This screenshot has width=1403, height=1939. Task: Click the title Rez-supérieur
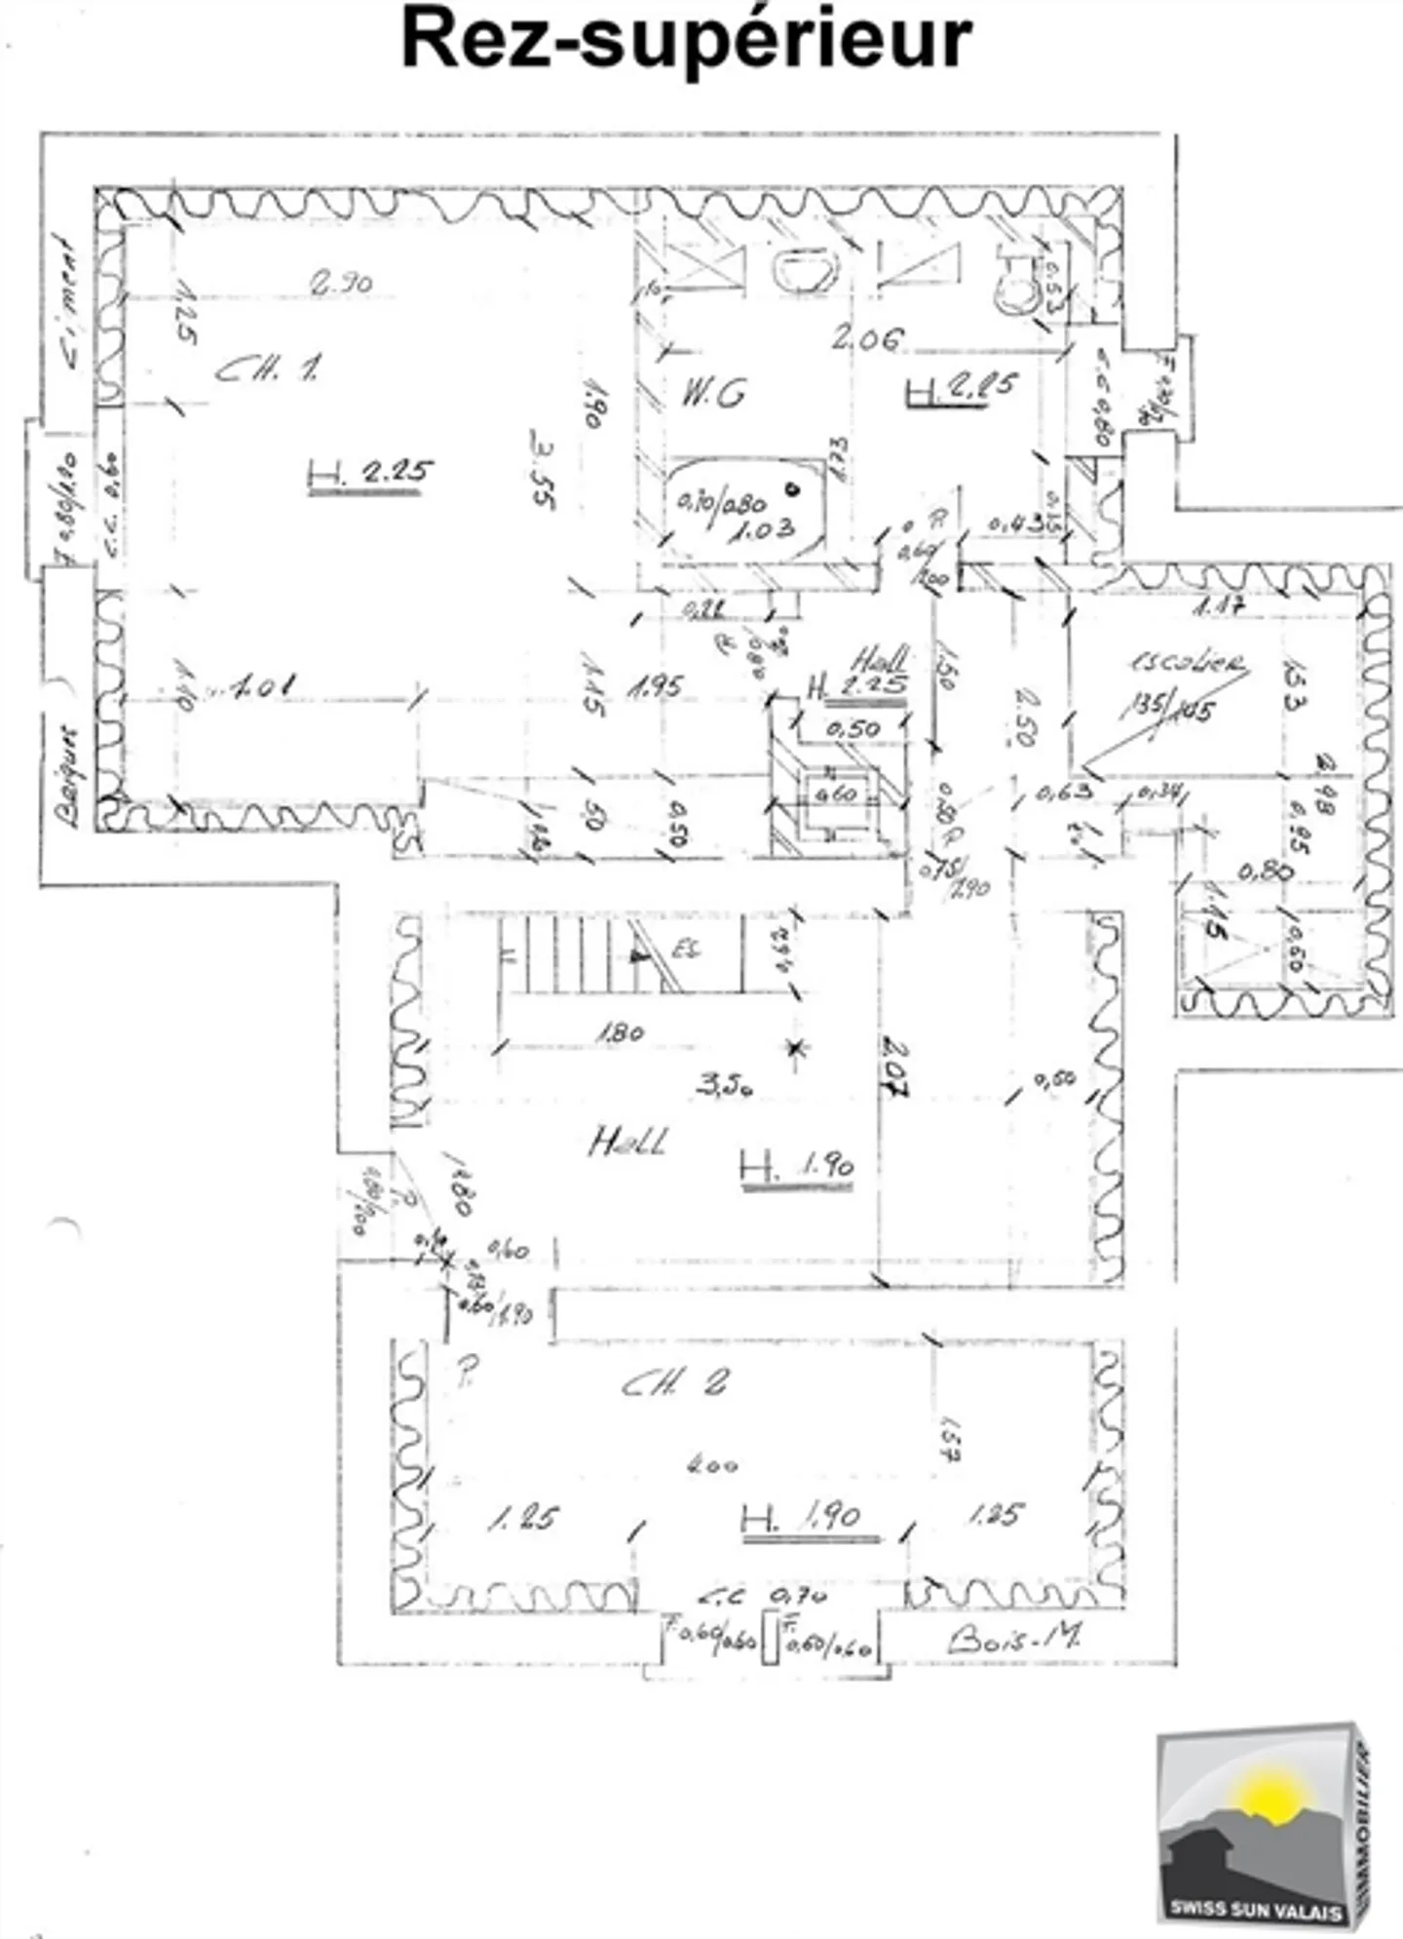coord(687,40)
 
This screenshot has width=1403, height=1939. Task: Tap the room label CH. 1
coord(268,368)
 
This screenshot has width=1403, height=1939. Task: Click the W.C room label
coord(713,394)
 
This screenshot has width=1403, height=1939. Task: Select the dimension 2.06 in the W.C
coord(866,338)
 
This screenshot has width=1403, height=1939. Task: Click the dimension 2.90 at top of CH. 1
coord(341,284)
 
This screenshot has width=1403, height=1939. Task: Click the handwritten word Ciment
coord(70,302)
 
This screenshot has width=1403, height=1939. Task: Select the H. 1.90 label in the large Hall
coord(797,1166)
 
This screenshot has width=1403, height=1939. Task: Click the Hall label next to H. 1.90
coord(628,1142)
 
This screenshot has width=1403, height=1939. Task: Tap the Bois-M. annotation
coord(1013,1638)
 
